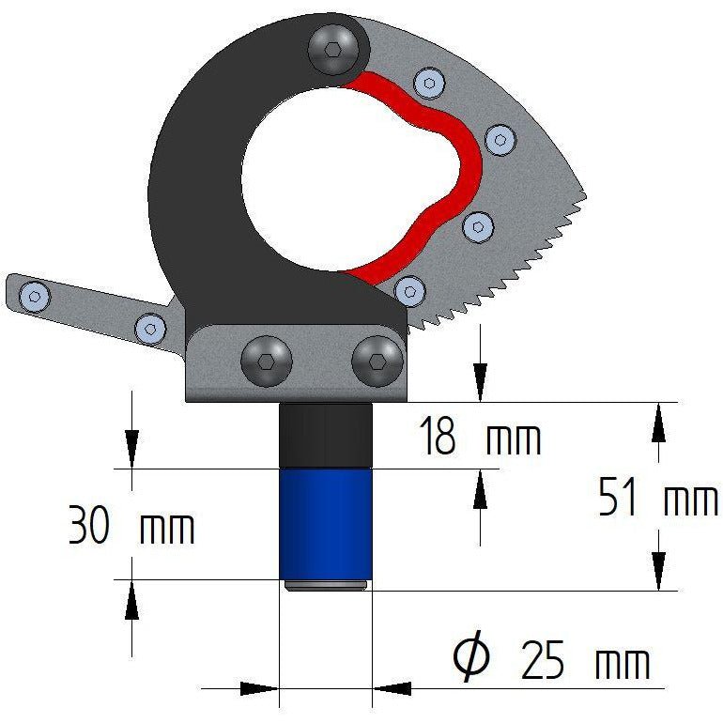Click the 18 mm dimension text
[x=480, y=436]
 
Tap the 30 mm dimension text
[x=131, y=525]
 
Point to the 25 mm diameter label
[x=552, y=658]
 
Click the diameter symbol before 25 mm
[x=470, y=655]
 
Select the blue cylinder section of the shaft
[x=326, y=524]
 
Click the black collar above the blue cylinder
[x=326, y=436]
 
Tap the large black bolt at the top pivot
[x=333, y=50]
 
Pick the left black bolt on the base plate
[x=267, y=361]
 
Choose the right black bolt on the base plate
[x=377, y=361]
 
